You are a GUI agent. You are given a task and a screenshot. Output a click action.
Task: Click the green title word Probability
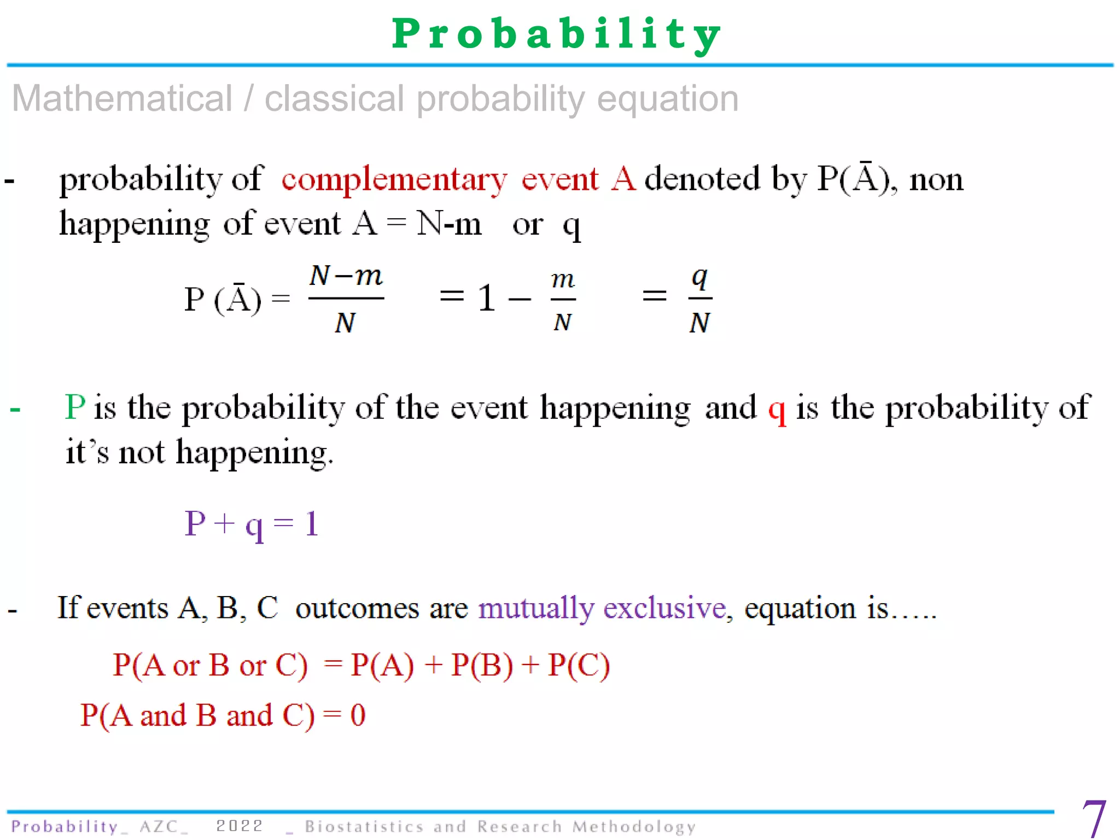pos(557,34)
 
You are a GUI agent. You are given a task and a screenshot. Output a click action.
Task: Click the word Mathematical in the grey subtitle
pos(122,99)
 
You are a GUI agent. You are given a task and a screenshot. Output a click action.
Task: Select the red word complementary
pos(394,179)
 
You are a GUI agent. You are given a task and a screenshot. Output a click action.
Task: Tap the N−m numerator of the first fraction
pos(346,276)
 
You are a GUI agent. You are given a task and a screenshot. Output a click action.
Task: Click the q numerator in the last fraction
pos(699,278)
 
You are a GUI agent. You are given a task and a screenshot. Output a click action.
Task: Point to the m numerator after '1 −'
pos(563,280)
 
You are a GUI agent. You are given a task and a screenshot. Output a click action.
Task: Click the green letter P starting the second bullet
pos(75,407)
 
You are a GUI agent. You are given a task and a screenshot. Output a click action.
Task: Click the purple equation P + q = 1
pos(252,524)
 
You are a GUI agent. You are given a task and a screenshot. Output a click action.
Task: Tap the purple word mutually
pos(536,608)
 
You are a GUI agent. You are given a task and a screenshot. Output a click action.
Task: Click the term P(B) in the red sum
pos(482,665)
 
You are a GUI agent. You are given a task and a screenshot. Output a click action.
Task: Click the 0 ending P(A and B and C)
pos(358,715)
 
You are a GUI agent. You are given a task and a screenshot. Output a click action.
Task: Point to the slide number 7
pos(1094,818)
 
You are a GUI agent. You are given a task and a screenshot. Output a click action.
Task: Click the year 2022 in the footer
pos(240,826)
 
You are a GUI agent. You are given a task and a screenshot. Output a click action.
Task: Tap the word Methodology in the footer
pos(634,826)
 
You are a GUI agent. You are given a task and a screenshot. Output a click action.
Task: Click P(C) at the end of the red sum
pos(579,665)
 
